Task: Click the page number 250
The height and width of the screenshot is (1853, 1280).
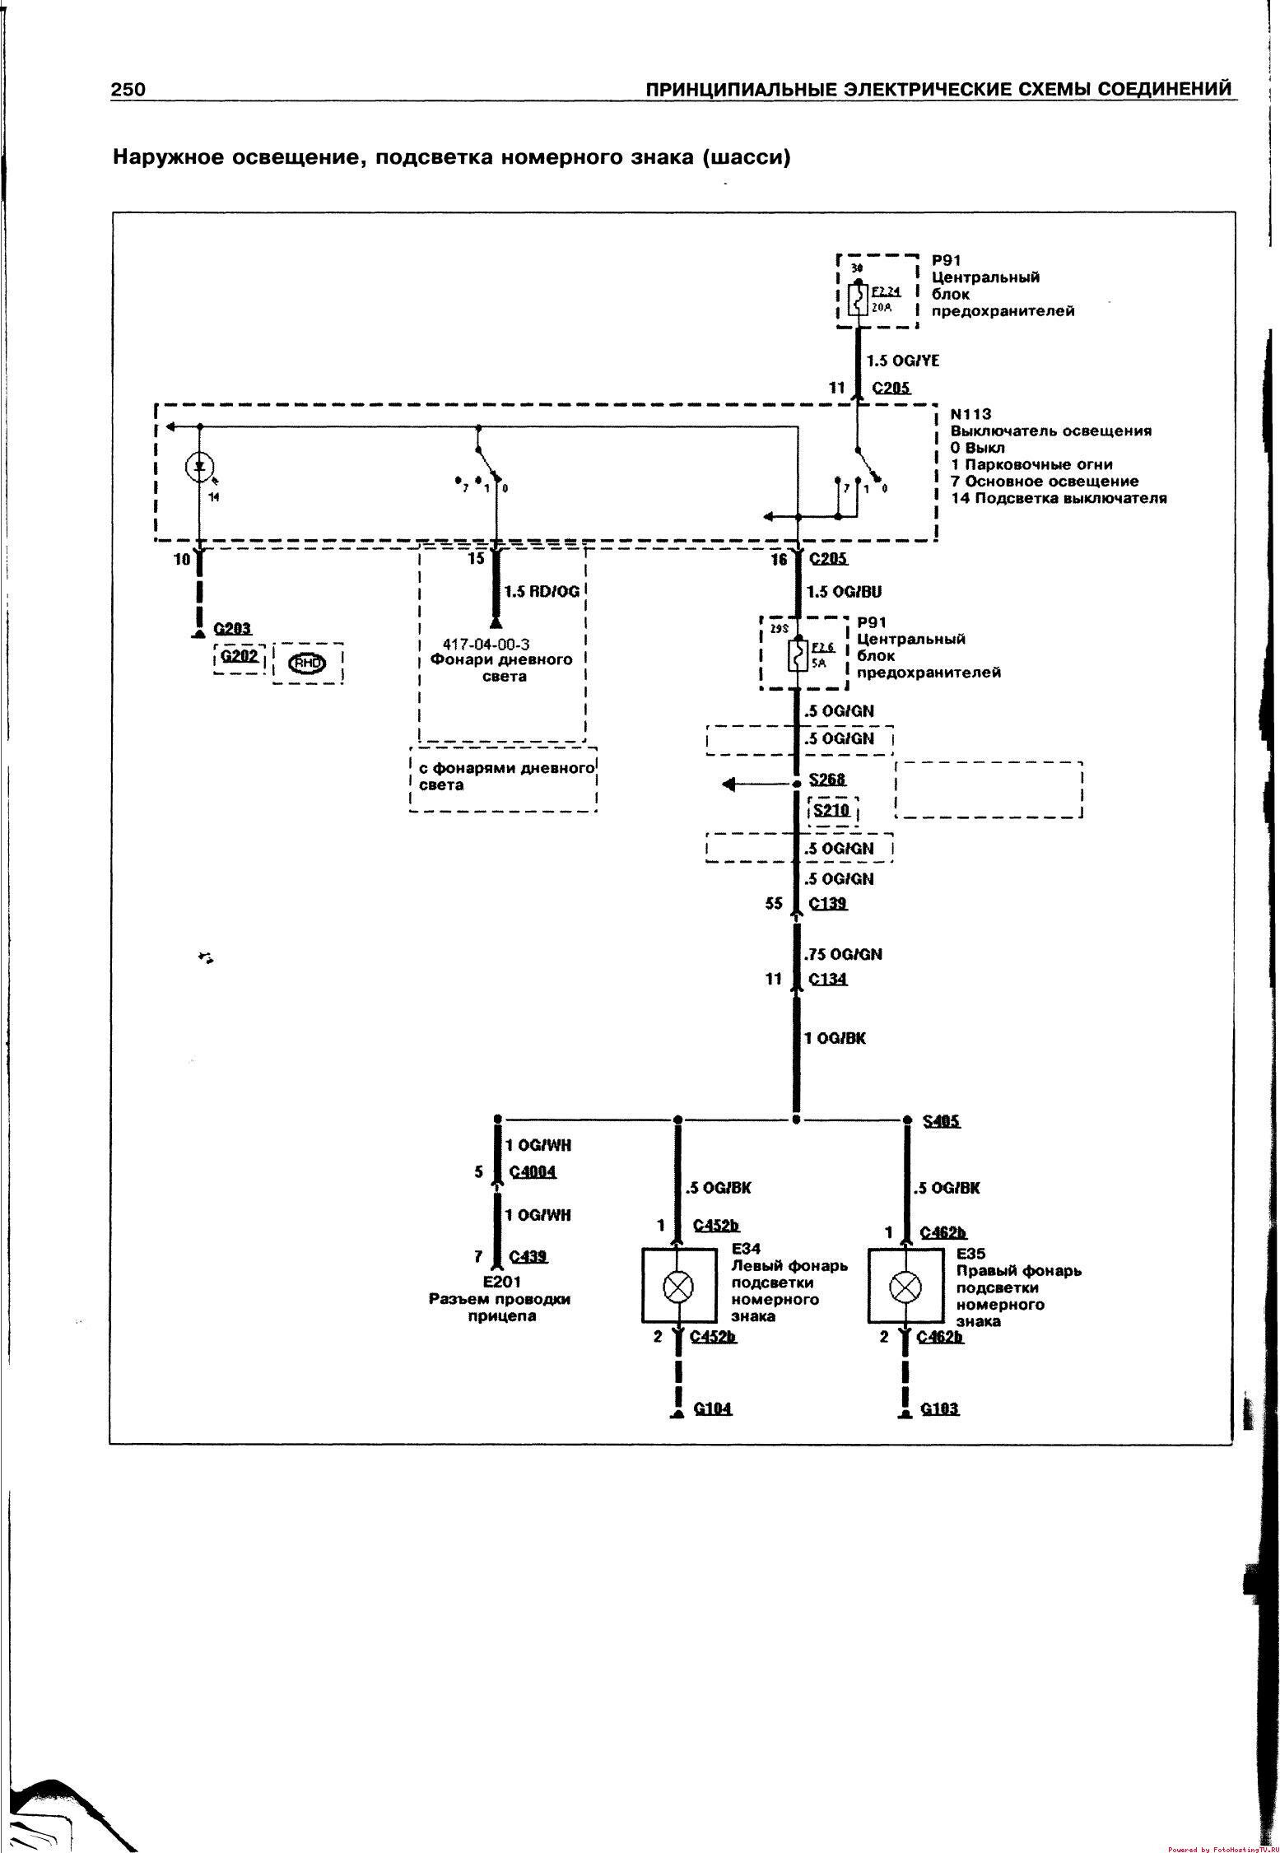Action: tap(128, 89)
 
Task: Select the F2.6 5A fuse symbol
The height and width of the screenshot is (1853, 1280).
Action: tap(796, 656)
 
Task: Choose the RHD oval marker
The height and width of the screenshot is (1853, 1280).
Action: tap(307, 663)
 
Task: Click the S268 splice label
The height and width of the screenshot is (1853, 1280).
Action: tap(827, 779)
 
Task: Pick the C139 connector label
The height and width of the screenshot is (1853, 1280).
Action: tap(828, 903)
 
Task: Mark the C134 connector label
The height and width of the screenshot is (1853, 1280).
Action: tap(828, 979)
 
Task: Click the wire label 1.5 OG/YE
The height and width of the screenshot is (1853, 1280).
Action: tap(903, 361)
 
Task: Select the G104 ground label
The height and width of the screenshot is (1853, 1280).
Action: tap(713, 1408)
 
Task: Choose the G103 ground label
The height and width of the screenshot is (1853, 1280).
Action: tap(940, 1408)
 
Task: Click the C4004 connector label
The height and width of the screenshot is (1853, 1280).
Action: tap(533, 1171)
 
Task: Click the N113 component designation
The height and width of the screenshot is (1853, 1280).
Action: tap(971, 414)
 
